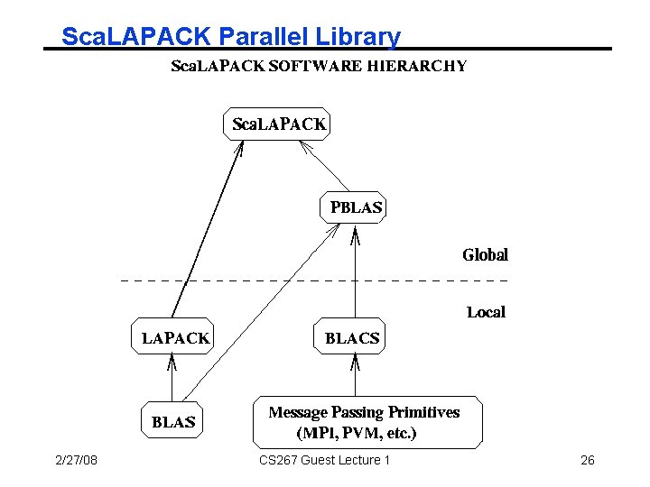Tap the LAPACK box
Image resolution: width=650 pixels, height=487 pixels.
tap(175, 338)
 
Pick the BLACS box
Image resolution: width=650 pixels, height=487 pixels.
tap(352, 338)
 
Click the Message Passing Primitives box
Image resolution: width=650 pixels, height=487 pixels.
tap(365, 422)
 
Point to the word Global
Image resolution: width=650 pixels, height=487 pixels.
tap(485, 255)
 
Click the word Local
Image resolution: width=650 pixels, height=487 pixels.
tap(486, 312)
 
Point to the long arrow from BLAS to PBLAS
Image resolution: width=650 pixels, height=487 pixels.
tap(262, 316)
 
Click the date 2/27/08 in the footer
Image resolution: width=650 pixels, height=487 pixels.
tap(76, 461)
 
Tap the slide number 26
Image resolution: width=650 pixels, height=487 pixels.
tap(587, 461)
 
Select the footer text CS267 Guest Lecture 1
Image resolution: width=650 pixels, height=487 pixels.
tap(324, 461)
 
